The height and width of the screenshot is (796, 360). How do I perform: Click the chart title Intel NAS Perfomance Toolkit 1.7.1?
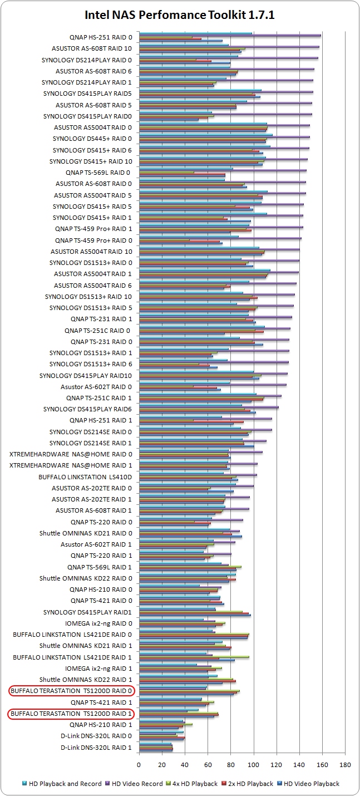pyautogui.click(x=180, y=15)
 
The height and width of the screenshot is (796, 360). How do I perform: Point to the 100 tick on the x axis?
pyautogui.click(x=254, y=764)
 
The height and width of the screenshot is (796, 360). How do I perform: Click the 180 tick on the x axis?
pyautogui.click(x=346, y=764)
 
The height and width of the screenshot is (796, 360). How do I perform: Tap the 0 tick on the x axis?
pyautogui.click(x=139, y=764)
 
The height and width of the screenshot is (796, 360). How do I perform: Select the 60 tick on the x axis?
pyautogui.click(x=208, y=764)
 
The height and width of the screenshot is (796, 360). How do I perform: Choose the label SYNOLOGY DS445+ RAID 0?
pyautogui.click(x=92, y=139)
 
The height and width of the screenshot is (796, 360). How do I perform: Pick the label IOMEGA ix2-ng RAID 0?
pyautogui.click(x=98, y=623)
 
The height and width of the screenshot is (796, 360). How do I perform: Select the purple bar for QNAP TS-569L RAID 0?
pyautogui.click(x=223, y=170)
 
